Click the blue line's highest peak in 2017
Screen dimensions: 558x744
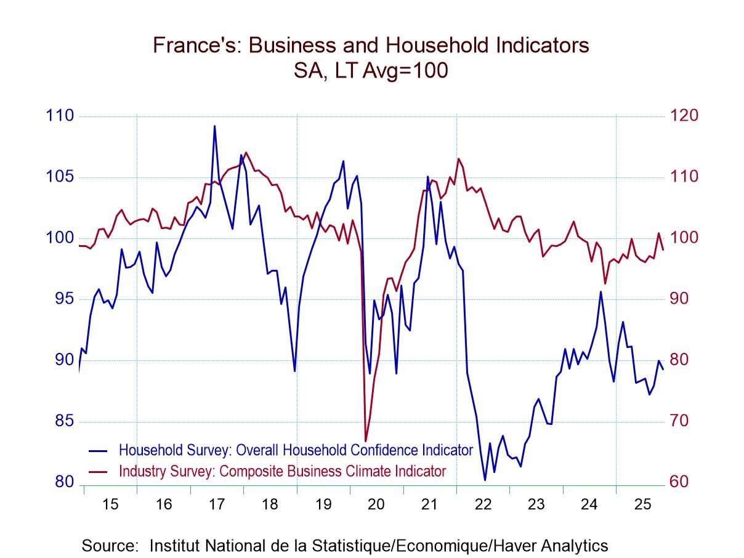click(x=214, y=126)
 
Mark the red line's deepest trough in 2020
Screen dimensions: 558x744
click(x=365, y=441)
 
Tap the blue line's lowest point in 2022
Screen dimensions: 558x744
click(x=485, y=480)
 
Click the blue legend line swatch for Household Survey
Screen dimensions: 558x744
click(x=98, y=450)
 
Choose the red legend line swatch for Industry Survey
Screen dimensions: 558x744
click(x=98, y=472)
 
